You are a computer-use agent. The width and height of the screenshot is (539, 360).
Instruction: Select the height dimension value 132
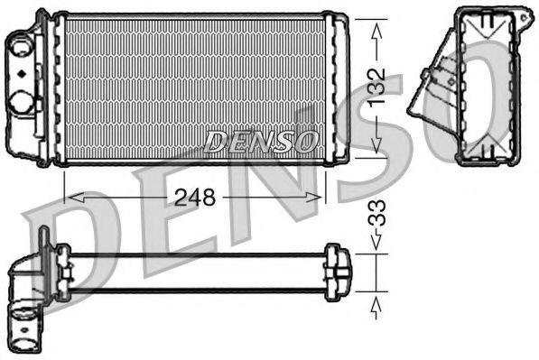click(377, 87)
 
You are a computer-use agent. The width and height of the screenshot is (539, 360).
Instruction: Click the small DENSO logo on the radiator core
click(262, 141)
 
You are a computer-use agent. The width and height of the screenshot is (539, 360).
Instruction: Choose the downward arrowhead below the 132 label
click(376, 144)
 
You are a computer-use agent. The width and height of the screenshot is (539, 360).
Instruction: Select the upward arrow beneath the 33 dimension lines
click(376, 303)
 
